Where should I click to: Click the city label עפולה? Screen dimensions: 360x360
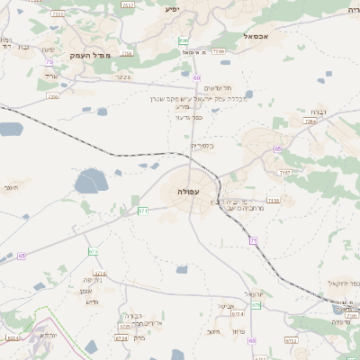pyautogui.click(x=189, y=192)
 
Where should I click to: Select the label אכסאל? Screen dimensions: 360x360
pyautogui.click(x=256, y=37)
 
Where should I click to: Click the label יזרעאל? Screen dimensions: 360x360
pyautogui.click(x=256, y=294)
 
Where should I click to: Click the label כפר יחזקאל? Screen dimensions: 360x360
pyautogui.click(x=344, y=284)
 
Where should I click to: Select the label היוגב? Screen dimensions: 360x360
pyautogui.click(x=11, y=187)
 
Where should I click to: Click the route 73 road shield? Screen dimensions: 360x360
pyautogui.click(x=49, y=61)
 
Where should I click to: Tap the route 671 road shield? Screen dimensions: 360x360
pyautogui.click(x=142, y=211)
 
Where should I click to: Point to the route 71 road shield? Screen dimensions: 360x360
pyautogui.click(x=254, y=240)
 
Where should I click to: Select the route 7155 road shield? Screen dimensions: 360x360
pyautogui.click(x=273, y=201)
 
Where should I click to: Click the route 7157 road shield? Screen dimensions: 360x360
pyautogui.click(x=285, y=171)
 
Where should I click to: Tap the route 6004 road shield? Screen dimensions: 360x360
pyautogui.click(x=13, y=338)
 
